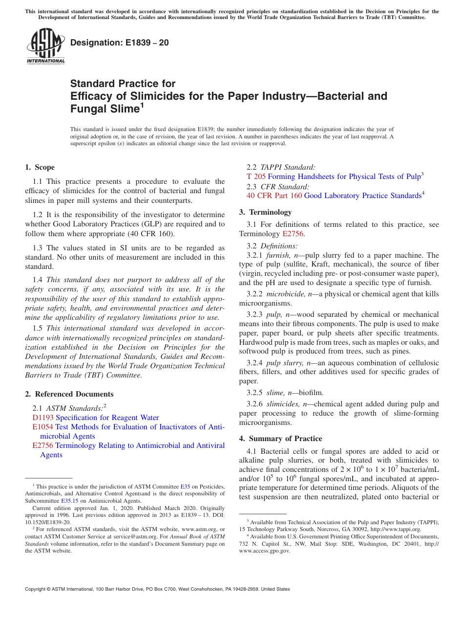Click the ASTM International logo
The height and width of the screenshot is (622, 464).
coord(45,46)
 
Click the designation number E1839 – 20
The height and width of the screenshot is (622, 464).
coord(120,43)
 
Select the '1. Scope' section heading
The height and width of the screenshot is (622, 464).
coord(40,167)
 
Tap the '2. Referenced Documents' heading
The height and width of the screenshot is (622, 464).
coord(69,394)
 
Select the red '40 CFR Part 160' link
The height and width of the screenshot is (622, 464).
coord(274,196)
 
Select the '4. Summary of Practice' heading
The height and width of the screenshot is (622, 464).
coord(280,439)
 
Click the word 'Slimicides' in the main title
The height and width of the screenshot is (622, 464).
coord(140,96)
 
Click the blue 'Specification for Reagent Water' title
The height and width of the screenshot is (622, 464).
coord(107,418)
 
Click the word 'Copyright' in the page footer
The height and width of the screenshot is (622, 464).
coord(35,589)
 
